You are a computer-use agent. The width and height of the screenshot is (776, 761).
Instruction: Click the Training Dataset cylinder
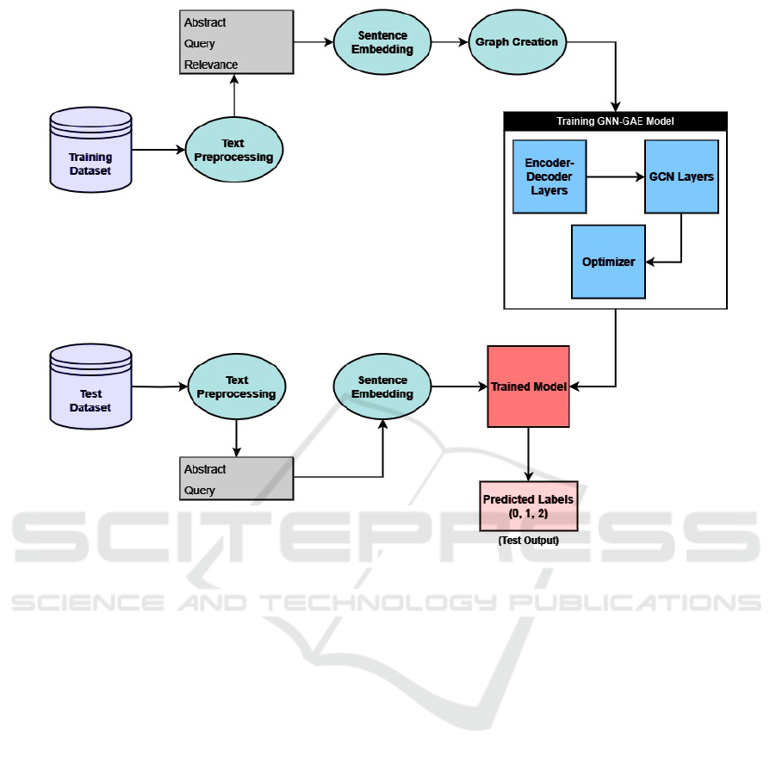(x=91, y=147)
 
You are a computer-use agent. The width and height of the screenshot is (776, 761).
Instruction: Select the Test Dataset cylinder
(x=90, y=387)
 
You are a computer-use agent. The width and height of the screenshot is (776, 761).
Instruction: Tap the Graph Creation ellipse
(x=517, y=42)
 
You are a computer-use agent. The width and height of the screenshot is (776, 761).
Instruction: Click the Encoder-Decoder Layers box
(x=549, y=176)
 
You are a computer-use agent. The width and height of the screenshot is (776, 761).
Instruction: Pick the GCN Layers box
(x=681, y=176)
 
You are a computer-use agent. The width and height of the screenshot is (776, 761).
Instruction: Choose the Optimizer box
(x=608, y=262)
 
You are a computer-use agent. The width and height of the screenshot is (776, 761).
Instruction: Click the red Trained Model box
(x=528, y=387)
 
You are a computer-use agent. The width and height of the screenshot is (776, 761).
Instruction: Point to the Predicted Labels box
(x=528, y=505)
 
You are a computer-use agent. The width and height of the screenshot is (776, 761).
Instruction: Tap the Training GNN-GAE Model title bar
(x=615, y=121)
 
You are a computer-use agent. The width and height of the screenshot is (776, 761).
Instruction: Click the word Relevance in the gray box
(x=211, y=65)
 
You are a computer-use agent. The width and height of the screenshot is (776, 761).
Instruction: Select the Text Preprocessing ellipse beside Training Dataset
(x=235, y=151)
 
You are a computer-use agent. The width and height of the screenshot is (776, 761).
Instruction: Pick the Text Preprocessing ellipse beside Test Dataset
(x=236, y=387)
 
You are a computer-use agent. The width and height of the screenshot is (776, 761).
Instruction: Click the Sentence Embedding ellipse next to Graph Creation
(x=382, y=43)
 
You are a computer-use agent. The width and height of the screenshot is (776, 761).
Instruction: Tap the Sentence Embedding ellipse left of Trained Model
(x=382, y=387)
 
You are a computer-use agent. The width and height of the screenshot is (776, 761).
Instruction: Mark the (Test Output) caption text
(x=528, y=541)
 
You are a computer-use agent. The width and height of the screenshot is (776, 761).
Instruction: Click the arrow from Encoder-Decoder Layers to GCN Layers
(x=615, y=176)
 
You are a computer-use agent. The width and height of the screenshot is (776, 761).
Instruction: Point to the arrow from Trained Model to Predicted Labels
(x=528, y=454)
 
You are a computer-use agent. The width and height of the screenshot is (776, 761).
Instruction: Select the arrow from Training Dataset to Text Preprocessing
(x=159, y=150)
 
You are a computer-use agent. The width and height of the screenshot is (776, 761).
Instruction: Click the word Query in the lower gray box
(x=200, y=491)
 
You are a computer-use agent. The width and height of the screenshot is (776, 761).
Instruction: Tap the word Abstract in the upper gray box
(x=205, y=22)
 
